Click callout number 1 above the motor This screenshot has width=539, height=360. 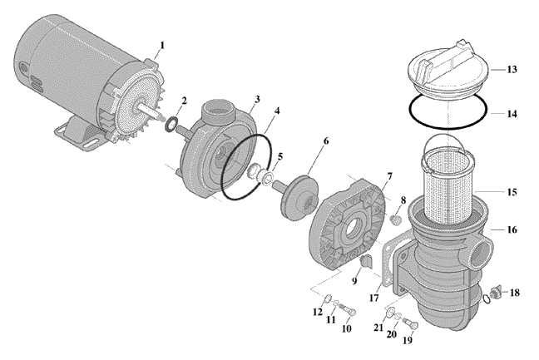click(162, 46)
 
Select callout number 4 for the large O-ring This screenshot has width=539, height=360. click(277, 111)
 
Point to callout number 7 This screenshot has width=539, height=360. click(389, 177)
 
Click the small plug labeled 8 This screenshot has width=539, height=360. click(395, 219)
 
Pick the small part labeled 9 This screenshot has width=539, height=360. click(365, 262)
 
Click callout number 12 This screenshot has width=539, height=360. click(318, 312)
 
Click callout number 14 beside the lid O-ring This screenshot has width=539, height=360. click(512, 113)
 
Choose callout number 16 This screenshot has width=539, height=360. click(512, 229)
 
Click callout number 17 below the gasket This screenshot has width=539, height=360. click(373, 298)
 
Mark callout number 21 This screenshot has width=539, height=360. click(378, 328)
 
